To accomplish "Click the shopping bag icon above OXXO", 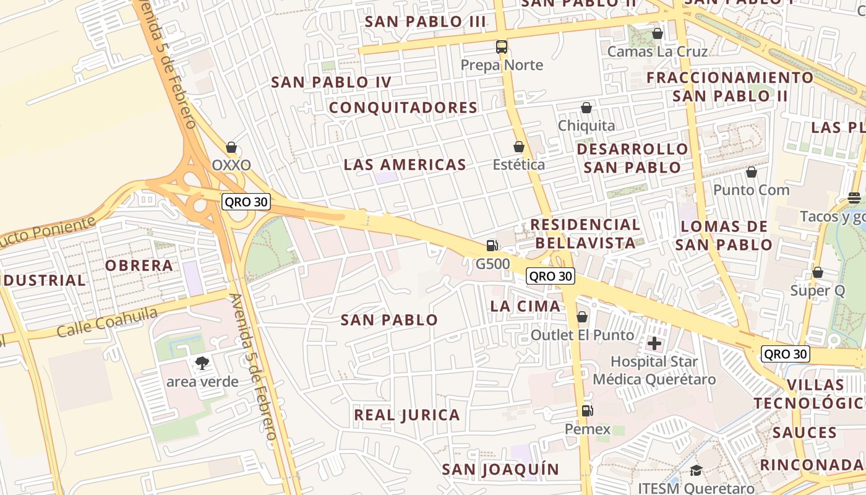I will pyautogui.click(x=231, y=147).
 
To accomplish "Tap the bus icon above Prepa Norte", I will pyautogui.click(x=501, y=47).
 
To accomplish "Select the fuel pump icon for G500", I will pyautogui.click(x=492, y=246).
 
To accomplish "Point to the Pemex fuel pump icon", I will pyautogui.click(x=586, y=410).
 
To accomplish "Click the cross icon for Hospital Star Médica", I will pyautogui.click(x=654, y=343).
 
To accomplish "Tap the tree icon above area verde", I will pyautogui.click(x=202, y=363).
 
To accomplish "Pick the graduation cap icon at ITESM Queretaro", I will pyautogui.click(x=696, y=471).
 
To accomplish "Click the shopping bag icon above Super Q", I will pyautogui.click(x=817, y=272).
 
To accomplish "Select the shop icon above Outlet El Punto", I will pyautogui.click(x=581, y=317).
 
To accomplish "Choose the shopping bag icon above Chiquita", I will pyautogui.click(x=586, y=108).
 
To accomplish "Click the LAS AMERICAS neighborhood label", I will pyautogui.click(x=405, y=165).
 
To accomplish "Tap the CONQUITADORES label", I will pyautogui.click(x=403, y=108).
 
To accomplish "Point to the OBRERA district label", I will pyautogui.click(x=139, y=265).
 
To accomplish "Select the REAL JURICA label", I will pyautogui.click(x=406, y=415).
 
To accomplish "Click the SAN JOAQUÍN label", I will pyautogui.click(x=500, y=470).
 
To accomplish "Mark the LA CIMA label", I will pyautogui.click(x=525, y=306).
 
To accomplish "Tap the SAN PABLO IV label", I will pyautogui.click(x=331, y=82).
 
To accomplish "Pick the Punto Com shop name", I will pyautogui.click(x=751, y=190).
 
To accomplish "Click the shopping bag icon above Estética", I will pyautogui.click(x=518, y=147).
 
